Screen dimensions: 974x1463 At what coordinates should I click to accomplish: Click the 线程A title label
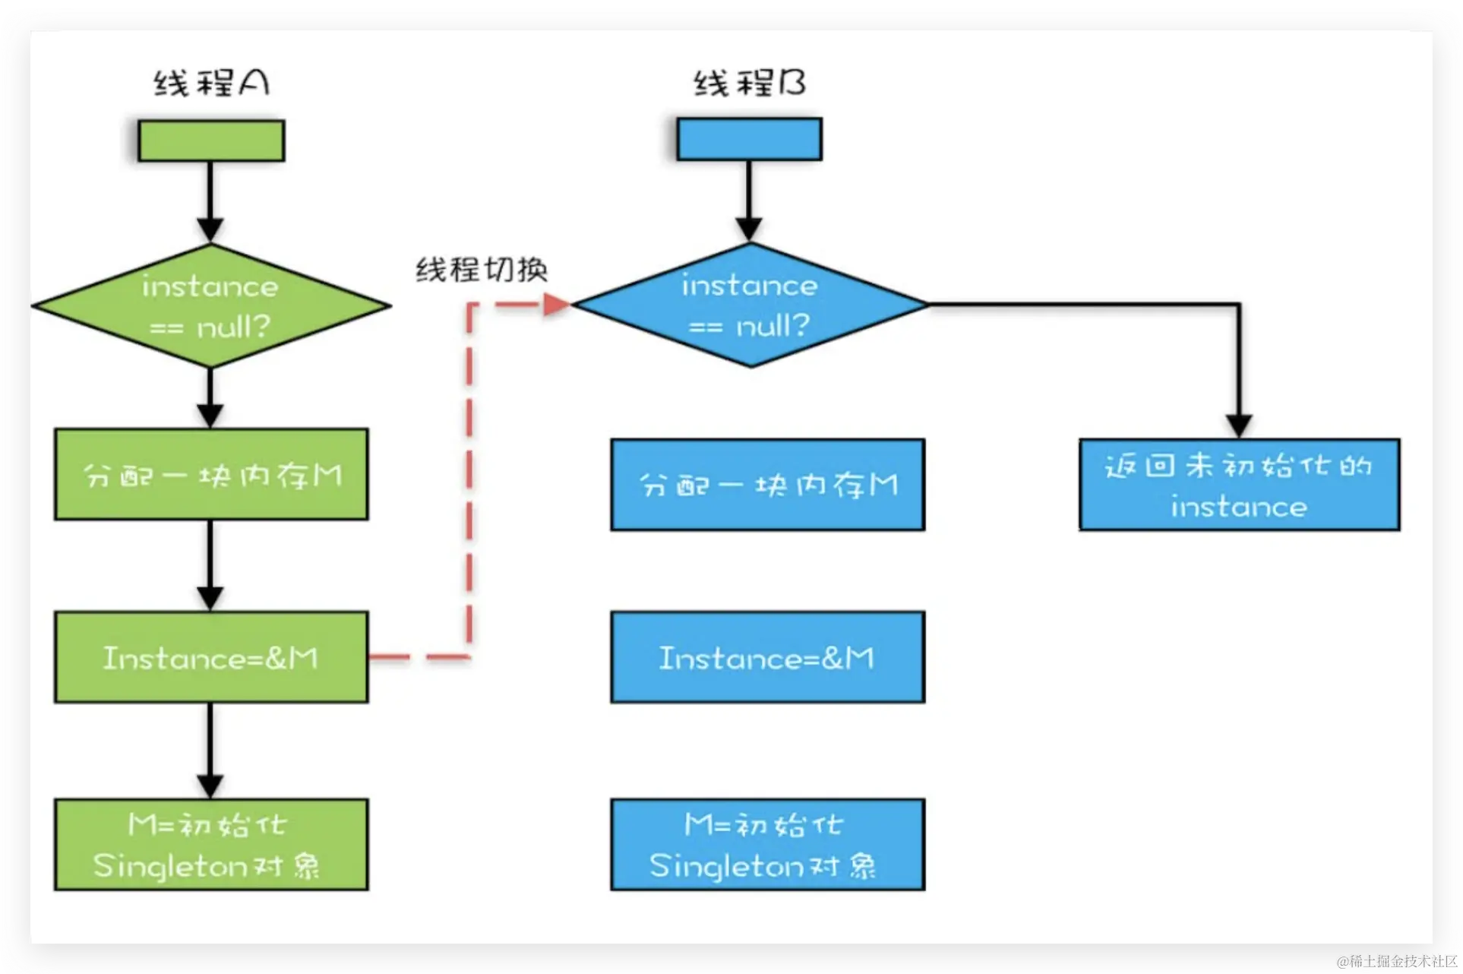[x=211, y=83]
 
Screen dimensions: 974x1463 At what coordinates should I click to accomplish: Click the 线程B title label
[x=750, y=83]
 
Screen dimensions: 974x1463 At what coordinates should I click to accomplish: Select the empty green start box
[x=211, y=141]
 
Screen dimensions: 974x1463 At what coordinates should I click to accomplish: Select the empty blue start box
[x=749, y=139]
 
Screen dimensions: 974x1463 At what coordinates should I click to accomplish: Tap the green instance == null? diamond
[x=210, y=306]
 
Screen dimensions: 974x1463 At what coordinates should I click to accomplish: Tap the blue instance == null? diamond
[x=750, y=305]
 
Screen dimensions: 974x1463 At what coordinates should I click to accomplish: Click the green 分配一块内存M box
[x=211, y=475]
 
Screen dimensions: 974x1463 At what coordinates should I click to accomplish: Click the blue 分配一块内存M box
[x=767, y=485]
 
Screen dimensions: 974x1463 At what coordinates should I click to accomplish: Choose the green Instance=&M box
[x=211, y=657]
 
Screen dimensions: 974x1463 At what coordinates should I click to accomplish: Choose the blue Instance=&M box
[x=767, y=657]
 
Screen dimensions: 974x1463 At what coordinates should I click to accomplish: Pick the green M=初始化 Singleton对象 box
[x=211, y=844]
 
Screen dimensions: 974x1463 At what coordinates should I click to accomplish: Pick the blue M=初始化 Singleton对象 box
[x=767, y=844]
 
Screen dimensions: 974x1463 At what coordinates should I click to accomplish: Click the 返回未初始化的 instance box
[x=1239, y=485]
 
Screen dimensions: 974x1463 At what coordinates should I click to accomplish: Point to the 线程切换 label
[x=482, y=270]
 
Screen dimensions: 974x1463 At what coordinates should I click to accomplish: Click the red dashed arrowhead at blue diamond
[x=558, y=305]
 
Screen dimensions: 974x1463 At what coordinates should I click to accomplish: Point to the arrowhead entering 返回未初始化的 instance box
[x=1239, y=425]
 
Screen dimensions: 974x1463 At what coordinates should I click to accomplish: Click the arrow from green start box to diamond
[x=210, y=201]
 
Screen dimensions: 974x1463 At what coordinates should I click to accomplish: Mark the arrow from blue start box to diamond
[x=749, y=201]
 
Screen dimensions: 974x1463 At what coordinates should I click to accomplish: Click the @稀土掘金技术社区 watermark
[x=1398, y=962]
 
